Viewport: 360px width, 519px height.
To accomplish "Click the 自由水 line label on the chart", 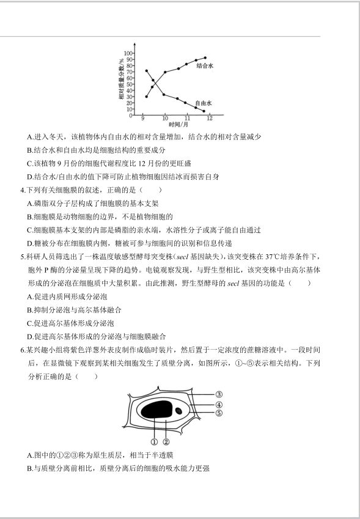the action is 204,103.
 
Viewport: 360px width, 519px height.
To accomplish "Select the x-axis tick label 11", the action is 187,119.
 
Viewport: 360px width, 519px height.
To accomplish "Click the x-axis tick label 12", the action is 209,119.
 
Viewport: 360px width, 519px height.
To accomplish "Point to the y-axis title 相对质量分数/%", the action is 122,79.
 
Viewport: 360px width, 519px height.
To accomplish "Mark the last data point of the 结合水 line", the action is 205,57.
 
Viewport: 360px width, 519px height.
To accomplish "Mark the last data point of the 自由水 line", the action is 204,111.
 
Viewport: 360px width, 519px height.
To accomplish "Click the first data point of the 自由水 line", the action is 146,71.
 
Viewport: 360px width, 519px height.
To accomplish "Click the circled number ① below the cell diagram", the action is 155,441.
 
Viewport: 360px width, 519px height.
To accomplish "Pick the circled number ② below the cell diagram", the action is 166,441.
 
